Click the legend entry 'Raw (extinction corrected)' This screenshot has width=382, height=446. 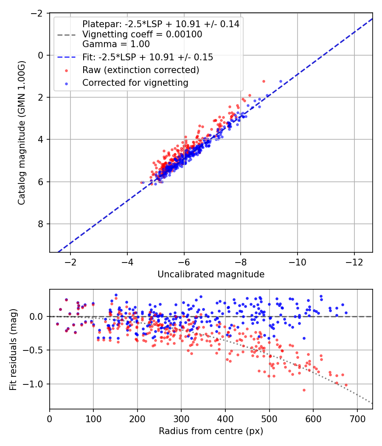(140, 70)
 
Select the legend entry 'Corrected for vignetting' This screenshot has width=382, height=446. (135, 83)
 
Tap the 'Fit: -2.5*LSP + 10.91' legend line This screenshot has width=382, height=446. (67, 57)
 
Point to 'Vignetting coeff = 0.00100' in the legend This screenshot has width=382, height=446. (142, 34)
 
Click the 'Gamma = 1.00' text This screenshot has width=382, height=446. (116, 44)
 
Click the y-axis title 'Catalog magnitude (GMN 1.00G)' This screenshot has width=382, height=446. (21, 133)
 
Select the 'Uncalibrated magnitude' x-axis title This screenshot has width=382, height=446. (211, 274)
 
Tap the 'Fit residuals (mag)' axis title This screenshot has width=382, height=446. (13, 349)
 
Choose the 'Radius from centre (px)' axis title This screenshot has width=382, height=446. (211, 431)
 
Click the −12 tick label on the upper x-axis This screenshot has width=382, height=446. (354, 262)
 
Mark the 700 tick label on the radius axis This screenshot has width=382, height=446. (357, 419)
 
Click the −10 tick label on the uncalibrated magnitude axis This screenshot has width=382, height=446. (297, 262)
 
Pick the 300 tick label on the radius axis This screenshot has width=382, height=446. (181, 419)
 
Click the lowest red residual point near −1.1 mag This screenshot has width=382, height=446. (304, 390)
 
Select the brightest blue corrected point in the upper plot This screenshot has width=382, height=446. (281, 82)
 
